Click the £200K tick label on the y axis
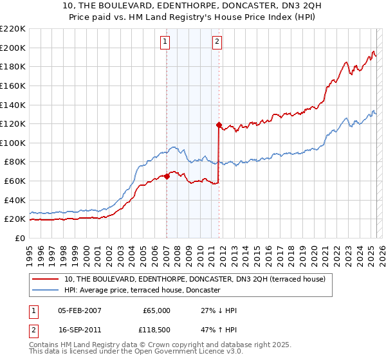(x=13, y=48)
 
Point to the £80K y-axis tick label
(x=15, y=162)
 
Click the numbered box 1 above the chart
(x=165, y=42)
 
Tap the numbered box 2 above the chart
(x=217, y=42)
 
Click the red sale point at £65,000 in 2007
(x=167, y=175)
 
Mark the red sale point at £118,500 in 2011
(x=219, y=125)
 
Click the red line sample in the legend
(x=46, y=280)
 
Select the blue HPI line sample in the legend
(x=46, y=291)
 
